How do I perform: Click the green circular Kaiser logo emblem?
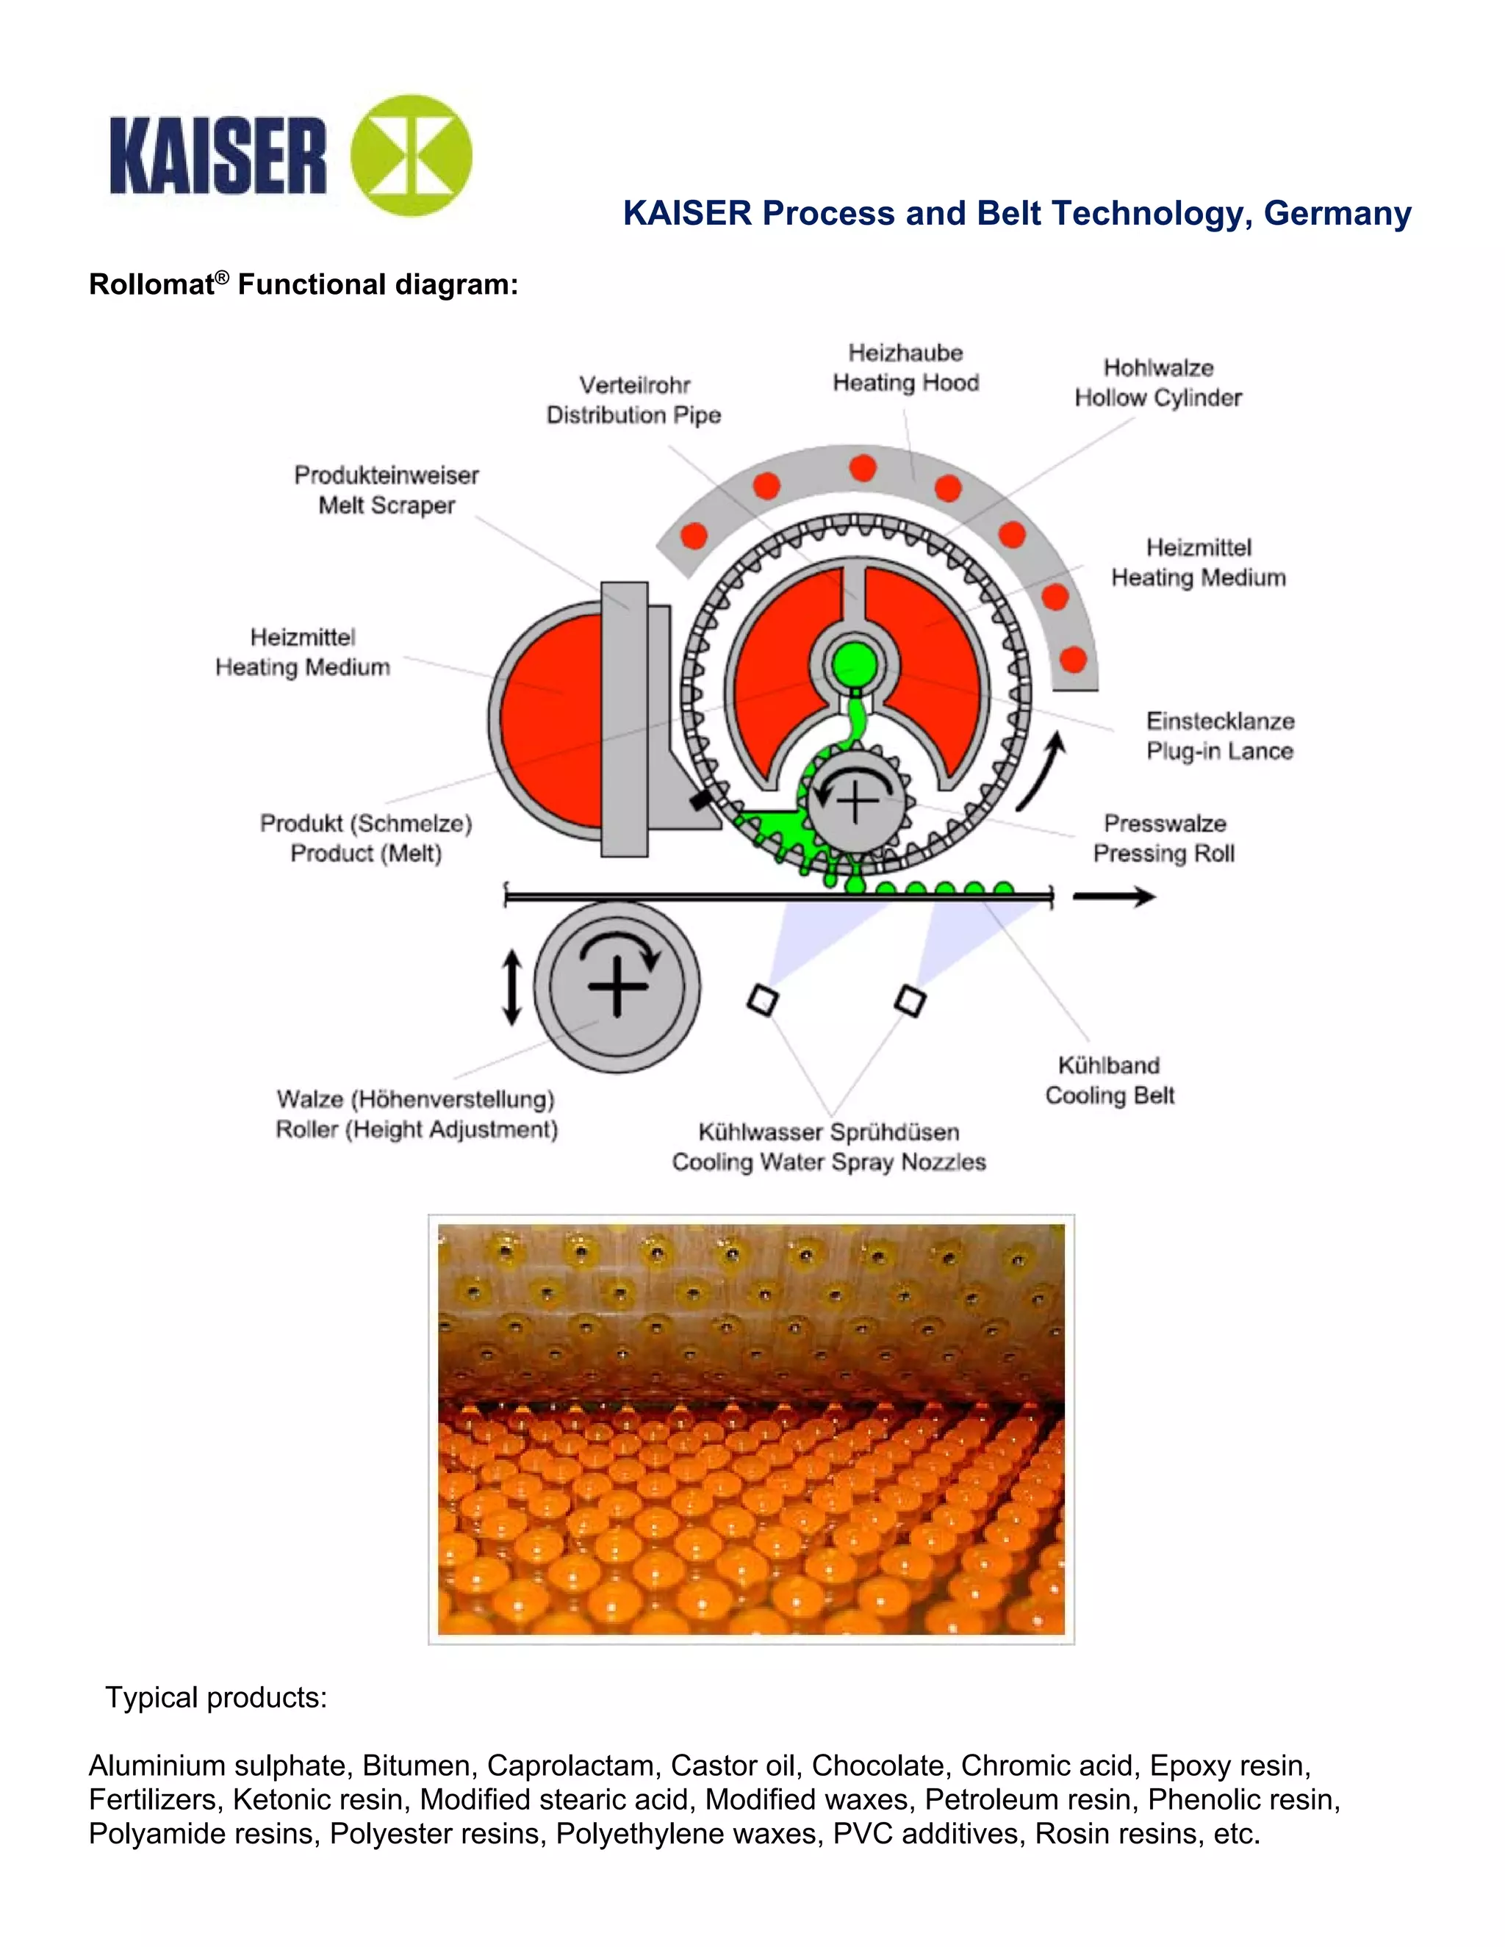pos(411,156)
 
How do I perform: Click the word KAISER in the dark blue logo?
pos(218,156)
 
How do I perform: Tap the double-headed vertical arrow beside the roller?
pos(511,987)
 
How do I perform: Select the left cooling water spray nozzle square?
pos(762,999)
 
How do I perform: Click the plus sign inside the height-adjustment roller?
pos(617,985)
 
